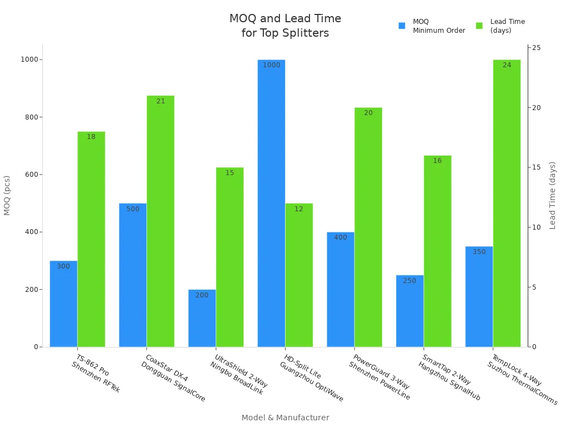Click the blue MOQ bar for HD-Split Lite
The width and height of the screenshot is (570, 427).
(x=271, y=203)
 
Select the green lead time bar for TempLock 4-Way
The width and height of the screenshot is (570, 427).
(x=507, y=203)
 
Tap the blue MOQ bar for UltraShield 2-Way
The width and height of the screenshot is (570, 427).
(x=202, y=318)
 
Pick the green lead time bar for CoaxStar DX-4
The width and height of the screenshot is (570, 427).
(x=160, y=221)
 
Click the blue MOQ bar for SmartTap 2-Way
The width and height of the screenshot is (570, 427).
(x=410, y=311)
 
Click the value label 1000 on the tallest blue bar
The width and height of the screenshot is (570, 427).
(x=271, y=65)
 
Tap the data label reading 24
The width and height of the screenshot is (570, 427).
(x=507, y=65)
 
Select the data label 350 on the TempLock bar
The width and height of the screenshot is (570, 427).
(x=479, y=252)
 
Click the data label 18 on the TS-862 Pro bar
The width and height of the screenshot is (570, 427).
(x=91, y=137)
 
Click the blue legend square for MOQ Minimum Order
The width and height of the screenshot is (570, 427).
(x=402, y=26)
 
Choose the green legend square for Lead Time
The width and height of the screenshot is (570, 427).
(x=479, y=26)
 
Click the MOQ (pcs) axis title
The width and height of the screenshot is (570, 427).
(x=7, y=195)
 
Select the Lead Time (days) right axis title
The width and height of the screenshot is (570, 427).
(x=552, y=195)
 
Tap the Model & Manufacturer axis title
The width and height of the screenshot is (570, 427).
(x=285, y=418)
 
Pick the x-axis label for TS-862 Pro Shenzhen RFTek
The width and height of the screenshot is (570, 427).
(x=96, y=374)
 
